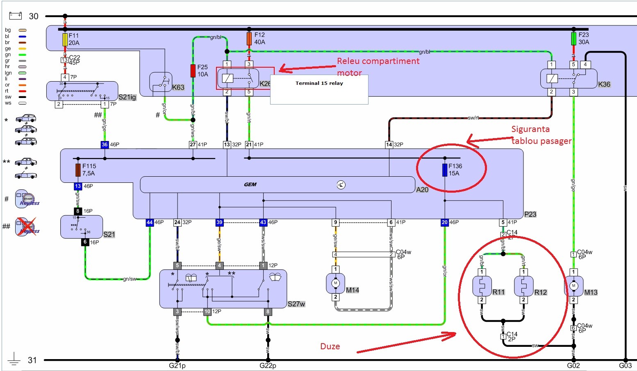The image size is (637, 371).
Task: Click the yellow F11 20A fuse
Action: point(65,39)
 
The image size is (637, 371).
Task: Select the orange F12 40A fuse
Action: point(249,39)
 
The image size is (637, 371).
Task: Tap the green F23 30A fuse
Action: point(573,39)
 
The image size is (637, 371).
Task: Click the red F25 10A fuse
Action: point(193,71)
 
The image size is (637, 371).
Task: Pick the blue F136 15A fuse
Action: point(445,170)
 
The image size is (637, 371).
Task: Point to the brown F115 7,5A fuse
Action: point(78,170)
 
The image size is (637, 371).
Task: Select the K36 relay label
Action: point(604,84)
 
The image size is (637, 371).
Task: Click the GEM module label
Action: point(250,184)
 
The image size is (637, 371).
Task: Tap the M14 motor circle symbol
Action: point(336,283)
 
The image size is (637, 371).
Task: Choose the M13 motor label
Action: point(591,292)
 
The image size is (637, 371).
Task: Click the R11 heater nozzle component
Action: point(482,286)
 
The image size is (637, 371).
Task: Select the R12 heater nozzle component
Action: point(523,286)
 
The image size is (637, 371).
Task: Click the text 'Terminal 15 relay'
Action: point(319,83)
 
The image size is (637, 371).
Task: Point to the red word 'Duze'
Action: point(330,346)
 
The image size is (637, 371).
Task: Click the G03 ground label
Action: point(625,366)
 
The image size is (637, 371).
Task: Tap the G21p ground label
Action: point(177,366)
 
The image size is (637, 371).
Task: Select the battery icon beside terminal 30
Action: point(16,16)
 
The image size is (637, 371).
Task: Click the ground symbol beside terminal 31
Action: point(14,359)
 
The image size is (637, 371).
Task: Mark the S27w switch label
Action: point(296,304)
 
